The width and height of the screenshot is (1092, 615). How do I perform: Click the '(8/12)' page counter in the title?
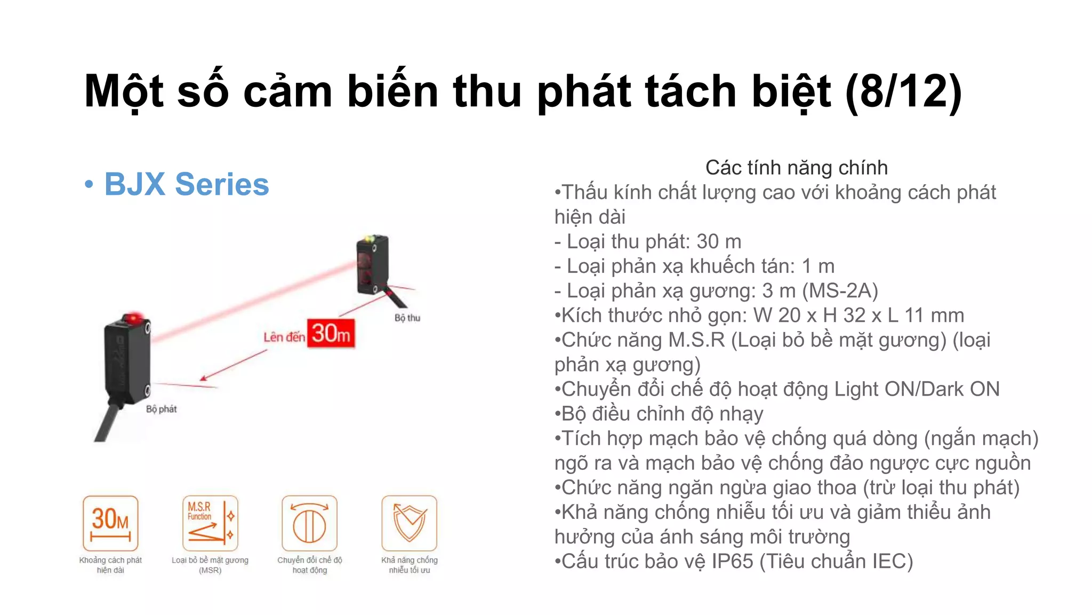click(x=903, y=91)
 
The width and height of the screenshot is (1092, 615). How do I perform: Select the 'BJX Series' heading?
click(x=186, y=184)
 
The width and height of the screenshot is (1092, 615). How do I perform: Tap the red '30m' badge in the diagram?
click(x=331, y=334)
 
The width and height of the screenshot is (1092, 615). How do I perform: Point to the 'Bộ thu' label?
click(x=407, y=318)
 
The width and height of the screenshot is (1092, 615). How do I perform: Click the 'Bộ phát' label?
click(x=161, y=409)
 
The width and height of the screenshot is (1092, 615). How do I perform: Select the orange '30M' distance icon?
click(x=110, y=523)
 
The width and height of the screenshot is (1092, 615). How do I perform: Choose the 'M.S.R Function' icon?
click(x=210, y=523)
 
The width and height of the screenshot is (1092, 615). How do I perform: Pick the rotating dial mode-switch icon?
click(x=309, y=523)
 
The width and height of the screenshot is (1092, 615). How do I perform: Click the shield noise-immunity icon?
click(x=409, y=523)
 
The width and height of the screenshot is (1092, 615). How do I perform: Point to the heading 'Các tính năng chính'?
click(x=797, y=168)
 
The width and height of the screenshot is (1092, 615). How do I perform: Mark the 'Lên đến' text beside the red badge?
click(x=284, y=337)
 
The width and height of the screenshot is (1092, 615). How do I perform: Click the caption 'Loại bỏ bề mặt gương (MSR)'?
click(x=210, y=565)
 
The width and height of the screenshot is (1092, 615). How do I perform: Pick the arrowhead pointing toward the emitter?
click(x=203, y=379)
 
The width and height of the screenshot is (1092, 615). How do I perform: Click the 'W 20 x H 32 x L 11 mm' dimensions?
click(x=858, y=316)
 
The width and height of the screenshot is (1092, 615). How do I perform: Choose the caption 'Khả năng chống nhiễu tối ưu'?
click(x=409, y=565)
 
